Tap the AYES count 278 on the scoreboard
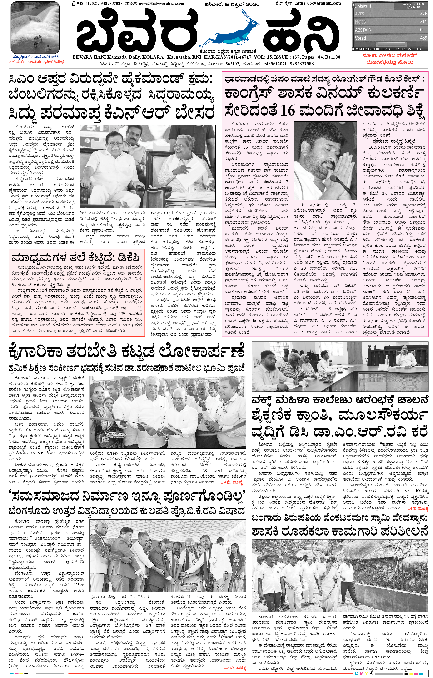423,14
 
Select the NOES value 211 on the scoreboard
423,22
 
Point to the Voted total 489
423,38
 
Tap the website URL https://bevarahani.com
318,3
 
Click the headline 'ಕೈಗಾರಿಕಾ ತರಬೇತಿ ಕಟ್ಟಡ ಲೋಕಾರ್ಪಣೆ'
126,352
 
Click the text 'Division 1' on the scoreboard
363,6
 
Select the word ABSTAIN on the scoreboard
363,30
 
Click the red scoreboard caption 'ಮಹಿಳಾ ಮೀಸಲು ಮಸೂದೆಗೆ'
389,56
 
